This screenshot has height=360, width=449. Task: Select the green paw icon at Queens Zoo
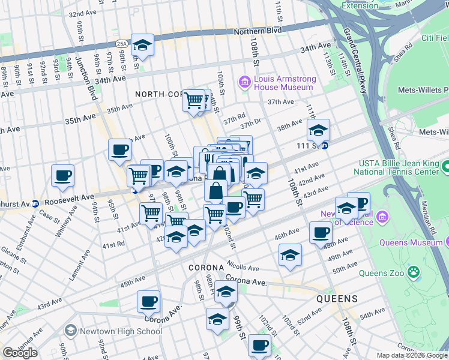point(413,272)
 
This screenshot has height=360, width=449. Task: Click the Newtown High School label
point(112,331)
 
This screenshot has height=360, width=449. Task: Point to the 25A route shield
point(122,44)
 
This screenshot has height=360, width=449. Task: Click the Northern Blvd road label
point(258,31)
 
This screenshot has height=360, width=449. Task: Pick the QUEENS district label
point(337,298)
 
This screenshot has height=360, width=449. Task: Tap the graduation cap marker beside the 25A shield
point(143,45)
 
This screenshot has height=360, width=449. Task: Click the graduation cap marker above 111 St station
point(319,130)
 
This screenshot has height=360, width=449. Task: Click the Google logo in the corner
point(19,353)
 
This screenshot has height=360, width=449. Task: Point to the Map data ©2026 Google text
point(412,355)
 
